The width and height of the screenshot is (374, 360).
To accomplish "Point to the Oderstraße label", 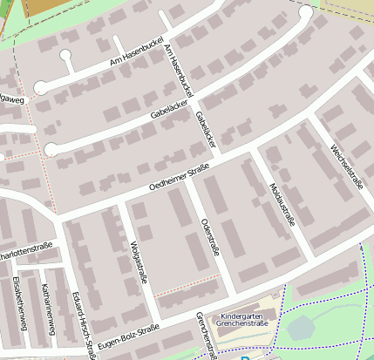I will [x=209, y=236].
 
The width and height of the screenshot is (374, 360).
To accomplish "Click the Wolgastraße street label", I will [x=137, y=262].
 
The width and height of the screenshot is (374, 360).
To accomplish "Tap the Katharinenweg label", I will [x=48, y=309].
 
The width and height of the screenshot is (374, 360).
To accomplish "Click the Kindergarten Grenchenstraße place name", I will [x=247, y=321].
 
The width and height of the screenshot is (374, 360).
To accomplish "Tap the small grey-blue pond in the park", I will [x=300, y=328].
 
